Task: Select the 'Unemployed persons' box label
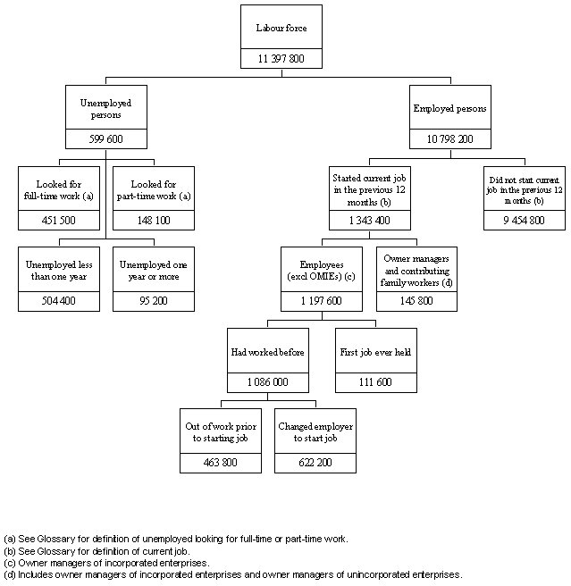pyautogui.click(x=105, y=109)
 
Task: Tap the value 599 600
pyautogui.click(x=105, y=139)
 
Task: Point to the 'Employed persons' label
pyautogui.click(x=449, y=109)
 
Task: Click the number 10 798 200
pyautogui.click(x=449, y=139)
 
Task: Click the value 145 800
pyautogui.click(x=416, y=301)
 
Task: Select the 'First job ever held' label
pyautogui.click(x=375, y=352)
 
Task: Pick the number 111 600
pyautogui.click(x=375, y=382)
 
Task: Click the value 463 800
pyautogui.click(x=219, y=464)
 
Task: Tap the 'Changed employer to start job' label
pyautogui.click(x=315, y=433)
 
